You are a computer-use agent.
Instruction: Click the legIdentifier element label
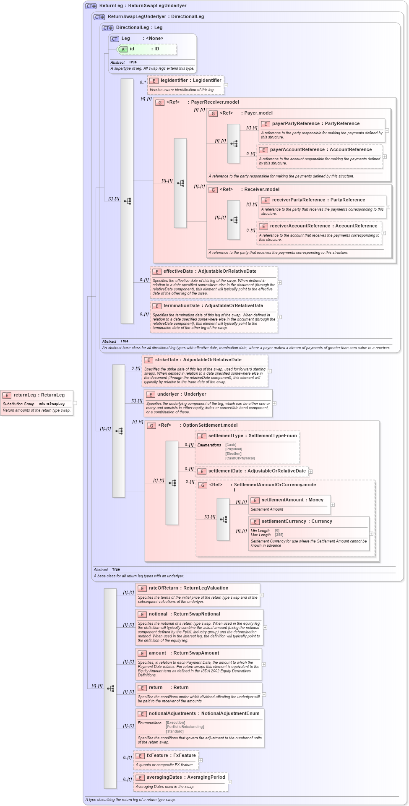tap(190, 80)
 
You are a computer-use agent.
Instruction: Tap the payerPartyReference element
tap(315, 123)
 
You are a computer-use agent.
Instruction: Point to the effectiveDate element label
tap(209, 271)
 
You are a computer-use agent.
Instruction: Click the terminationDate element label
tap(213, 305)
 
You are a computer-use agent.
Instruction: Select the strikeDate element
tap(198, 360)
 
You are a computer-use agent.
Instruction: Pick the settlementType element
tap(252, 436)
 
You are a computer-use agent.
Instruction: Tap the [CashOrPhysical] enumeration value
tap(240, 458)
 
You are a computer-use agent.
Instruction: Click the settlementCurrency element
tap(297, 521)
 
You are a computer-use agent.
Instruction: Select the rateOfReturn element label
tap(188, 588)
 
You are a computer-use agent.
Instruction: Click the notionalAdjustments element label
tap(203, 713)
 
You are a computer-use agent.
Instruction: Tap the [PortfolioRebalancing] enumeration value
tap(185, 727)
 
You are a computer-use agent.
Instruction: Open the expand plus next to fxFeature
tap(201, 760)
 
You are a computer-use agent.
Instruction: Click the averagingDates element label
tap(185, 777)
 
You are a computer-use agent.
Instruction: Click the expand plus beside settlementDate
tap(310, 472)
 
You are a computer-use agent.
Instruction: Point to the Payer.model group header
tap(258, 113)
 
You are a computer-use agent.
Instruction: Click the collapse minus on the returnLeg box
tap(75, 403)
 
